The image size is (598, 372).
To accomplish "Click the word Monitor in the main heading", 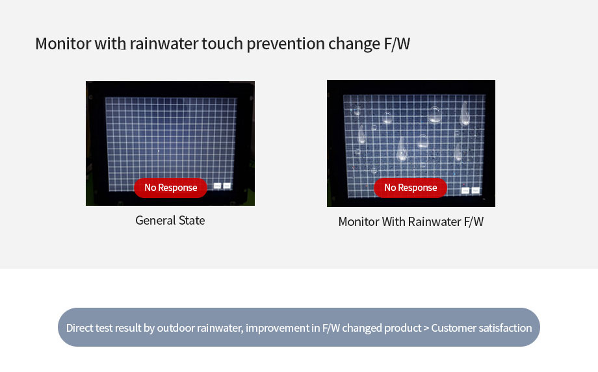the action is coord(63,43).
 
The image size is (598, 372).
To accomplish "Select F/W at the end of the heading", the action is coord(397,43).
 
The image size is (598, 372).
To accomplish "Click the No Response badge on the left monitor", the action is coord(170,188).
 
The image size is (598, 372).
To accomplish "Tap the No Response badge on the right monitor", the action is coord(410,188).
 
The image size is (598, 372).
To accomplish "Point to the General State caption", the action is coord(170,221).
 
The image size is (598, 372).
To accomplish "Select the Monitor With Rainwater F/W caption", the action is coord(411,221).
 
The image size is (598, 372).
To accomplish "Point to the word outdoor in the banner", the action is coord(175,328).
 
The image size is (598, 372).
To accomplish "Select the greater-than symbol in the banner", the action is coord(426,329).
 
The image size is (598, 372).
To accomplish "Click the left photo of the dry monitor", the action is coord(170,143).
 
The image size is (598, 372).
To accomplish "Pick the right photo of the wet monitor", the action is coord(411,143).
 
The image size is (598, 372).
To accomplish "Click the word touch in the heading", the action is coord(222,43).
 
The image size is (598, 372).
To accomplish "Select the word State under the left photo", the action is coord(192,221).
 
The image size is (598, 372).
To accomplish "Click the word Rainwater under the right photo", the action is coord(435,221).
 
